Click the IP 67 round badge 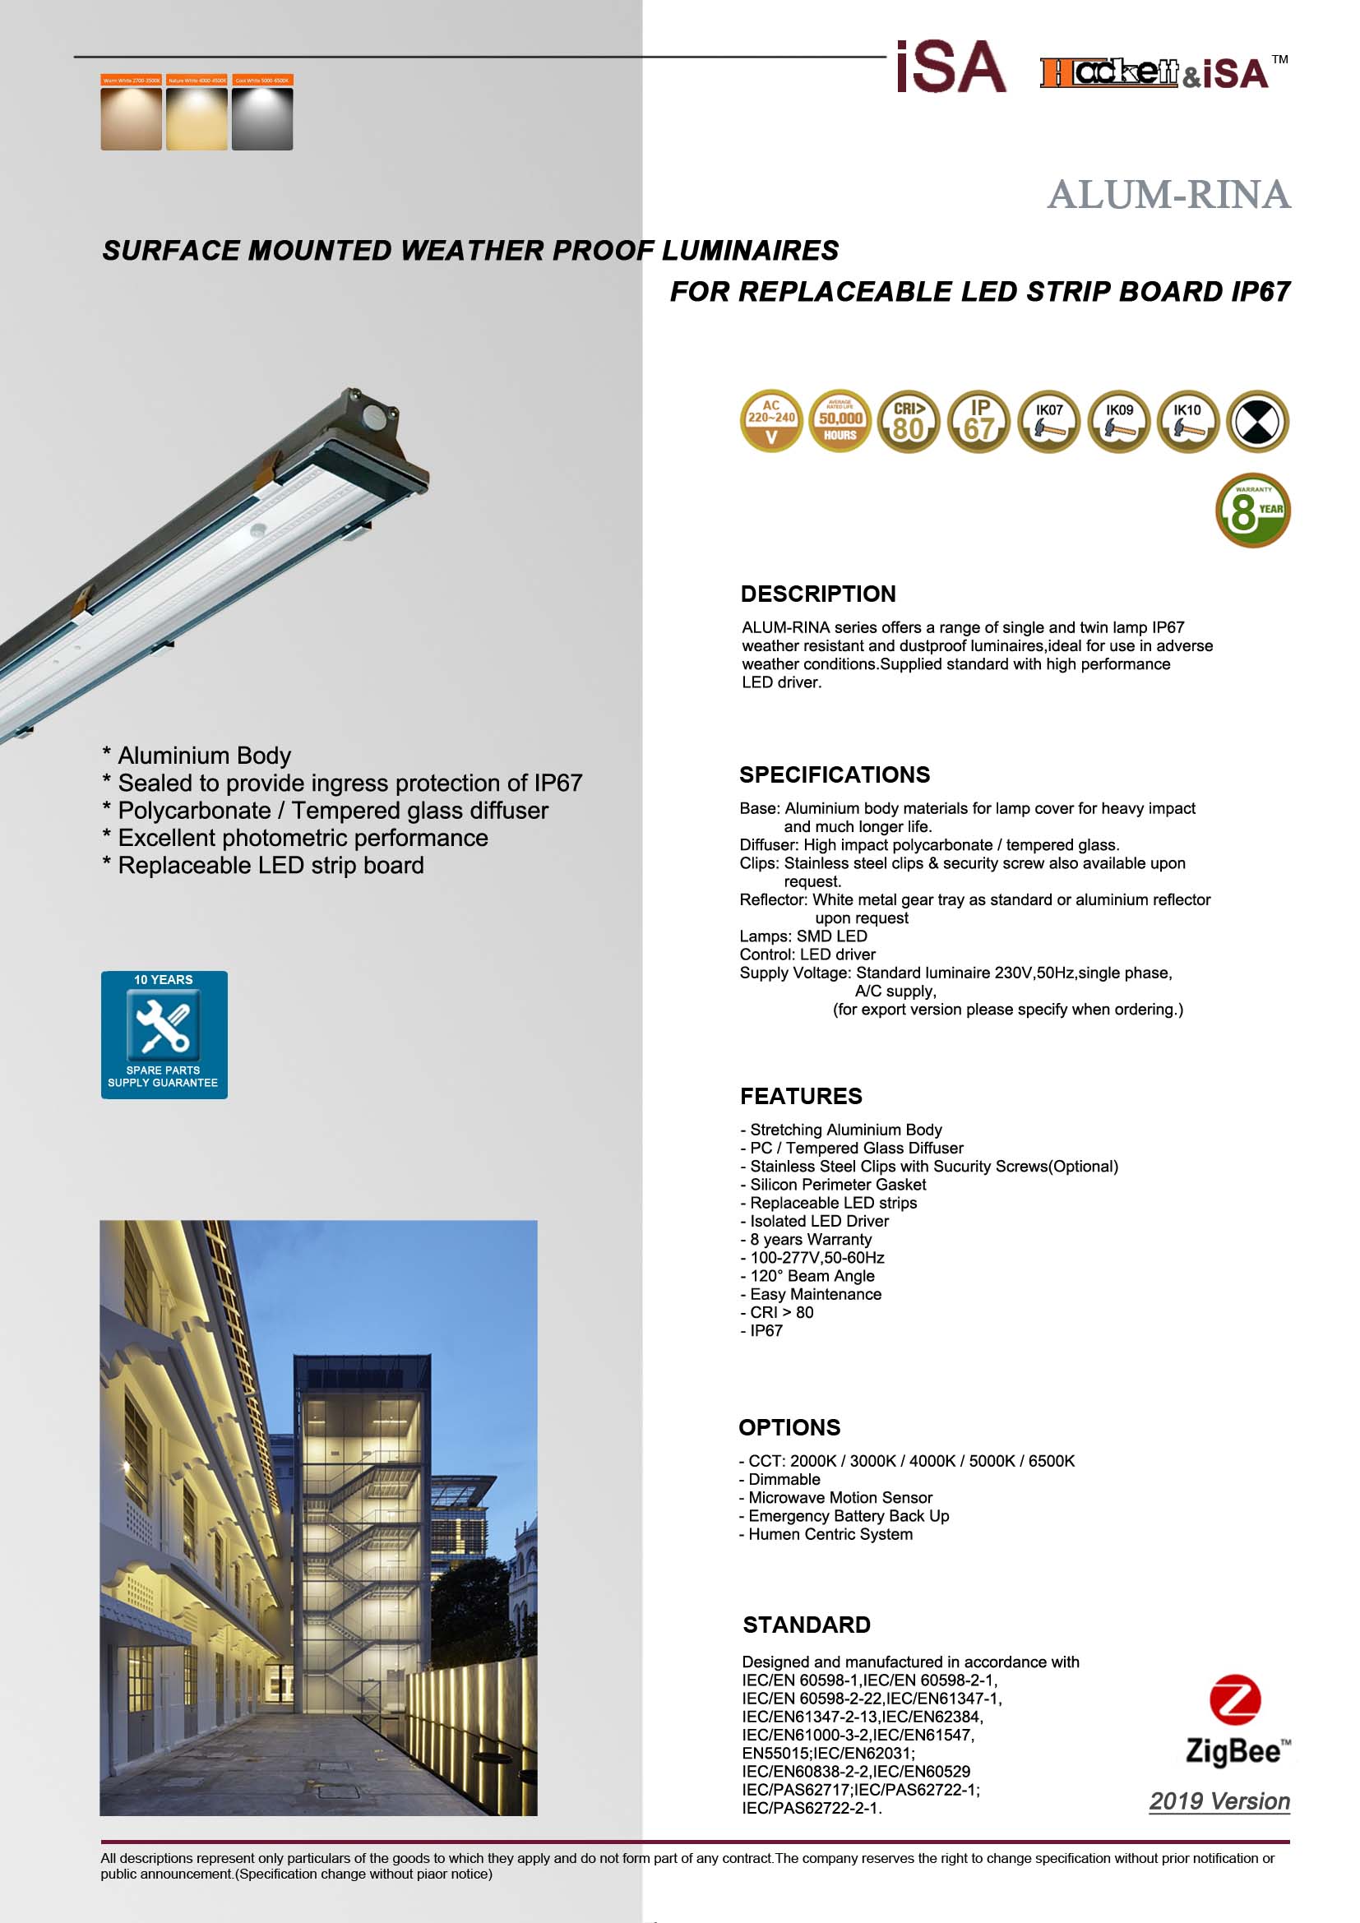pos(978,421)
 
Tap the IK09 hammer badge pos(1118,421)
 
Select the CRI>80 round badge pos(909,421)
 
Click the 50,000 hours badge pos(840,421)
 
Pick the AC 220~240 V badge pos(771,421)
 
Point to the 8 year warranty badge pos(1252,511)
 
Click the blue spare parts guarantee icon pos(164,1034)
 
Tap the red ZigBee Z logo pos(1234,1700)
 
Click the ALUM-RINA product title pos(1168,195)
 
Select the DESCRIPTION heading pos(818,594)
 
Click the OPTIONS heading pos(789,1427)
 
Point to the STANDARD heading pos(807,1625)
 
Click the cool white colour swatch pos(262,118)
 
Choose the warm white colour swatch pos(132,118)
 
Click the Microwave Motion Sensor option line pos(840,1497)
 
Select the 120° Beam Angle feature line pos(812,1276)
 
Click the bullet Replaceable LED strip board pos(271,865)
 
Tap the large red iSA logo pos(951,67)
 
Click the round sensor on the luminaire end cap pos(370,414)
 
